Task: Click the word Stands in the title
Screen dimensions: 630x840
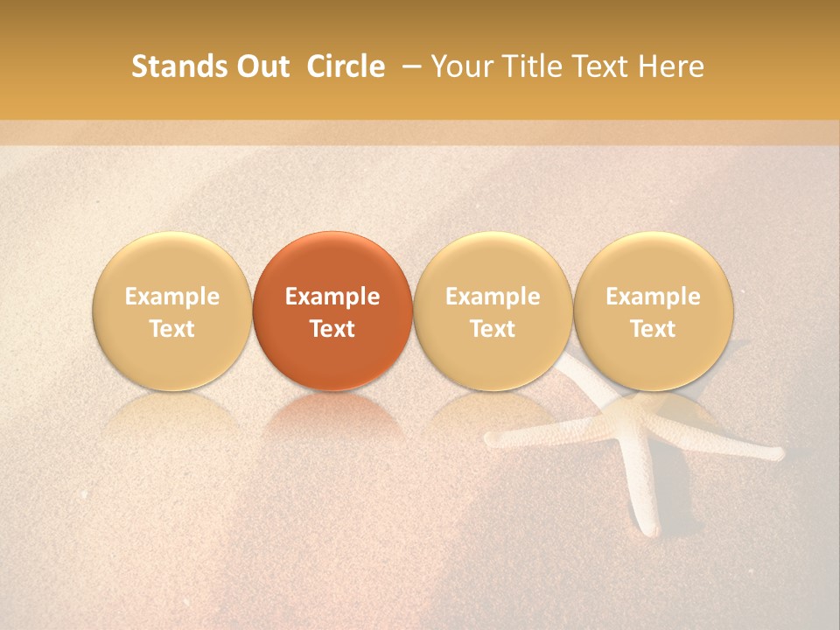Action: [173, 66]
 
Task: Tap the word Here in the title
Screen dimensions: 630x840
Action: [672, 66]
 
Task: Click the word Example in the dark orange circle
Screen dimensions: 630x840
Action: [332, 297]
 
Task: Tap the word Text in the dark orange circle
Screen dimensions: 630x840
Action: [332, 329]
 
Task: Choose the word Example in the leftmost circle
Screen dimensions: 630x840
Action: [171, 297]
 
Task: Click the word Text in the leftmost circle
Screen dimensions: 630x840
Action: [171, 329]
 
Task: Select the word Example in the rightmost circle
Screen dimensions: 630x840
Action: [653, 297]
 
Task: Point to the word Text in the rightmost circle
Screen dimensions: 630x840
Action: [653, 329]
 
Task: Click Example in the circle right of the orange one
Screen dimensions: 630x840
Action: [493, 297]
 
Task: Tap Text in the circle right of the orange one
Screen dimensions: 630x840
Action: [493, 329]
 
